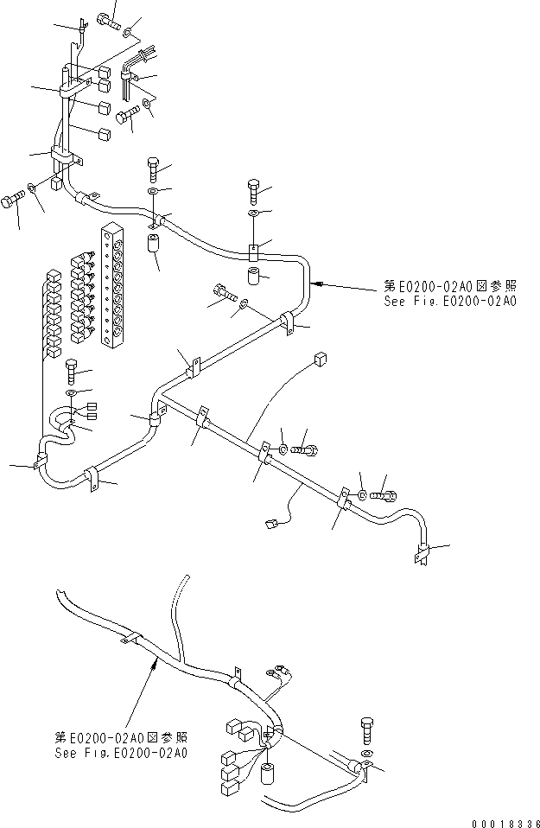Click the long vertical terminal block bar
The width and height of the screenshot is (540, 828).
pyautogui.click(x=112, y=287)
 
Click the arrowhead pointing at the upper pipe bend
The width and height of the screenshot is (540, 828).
pyautogui.click(x=318, y=282)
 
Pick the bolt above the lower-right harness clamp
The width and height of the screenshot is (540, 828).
pyautogui.click(x=365, y=729)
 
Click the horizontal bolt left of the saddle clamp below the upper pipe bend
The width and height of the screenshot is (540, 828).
pyautogui.click(x=223, y=294)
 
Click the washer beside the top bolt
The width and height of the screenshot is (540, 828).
pyautogui.click(x=128, y=34)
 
